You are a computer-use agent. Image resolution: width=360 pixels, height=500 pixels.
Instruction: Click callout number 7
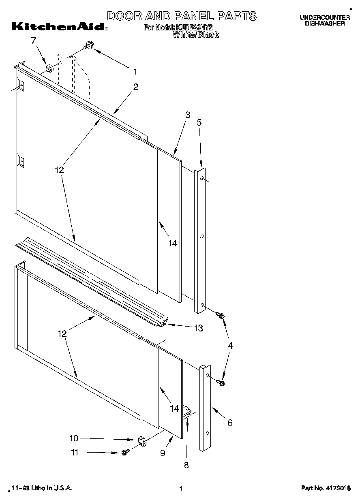[34, 40]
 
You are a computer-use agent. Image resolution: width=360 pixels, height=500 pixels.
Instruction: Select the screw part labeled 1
[88, 46]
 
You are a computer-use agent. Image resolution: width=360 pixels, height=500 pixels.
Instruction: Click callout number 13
[198, 328]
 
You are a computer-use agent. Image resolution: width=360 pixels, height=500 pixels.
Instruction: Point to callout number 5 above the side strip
[199, 122]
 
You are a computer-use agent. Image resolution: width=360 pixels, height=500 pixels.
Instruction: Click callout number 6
[230, 423]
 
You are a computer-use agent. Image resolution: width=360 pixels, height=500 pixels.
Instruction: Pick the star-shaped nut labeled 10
[141, 440]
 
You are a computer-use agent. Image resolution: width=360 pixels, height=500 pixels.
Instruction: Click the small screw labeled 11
[125, 452]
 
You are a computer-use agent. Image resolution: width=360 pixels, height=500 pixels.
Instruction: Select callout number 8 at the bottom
[186, 465]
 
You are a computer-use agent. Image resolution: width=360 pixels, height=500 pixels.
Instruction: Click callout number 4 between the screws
[230, 346]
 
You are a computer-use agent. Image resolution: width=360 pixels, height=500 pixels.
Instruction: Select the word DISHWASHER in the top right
[325, 24]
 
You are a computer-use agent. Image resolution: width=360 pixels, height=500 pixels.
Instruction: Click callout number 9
[163, 453]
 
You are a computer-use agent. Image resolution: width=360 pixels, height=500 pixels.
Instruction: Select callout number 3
[188, 115]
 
